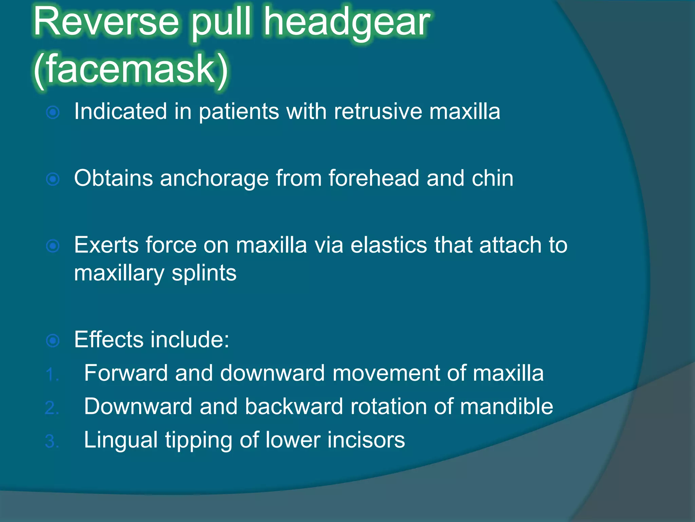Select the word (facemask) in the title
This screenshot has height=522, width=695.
coord(131,70)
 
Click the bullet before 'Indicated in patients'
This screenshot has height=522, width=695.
coord(53,112)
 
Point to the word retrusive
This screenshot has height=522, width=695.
coord(378,111)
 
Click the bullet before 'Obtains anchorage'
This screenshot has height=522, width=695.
coord(53,179)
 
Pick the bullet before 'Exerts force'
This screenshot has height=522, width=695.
coord(53,246)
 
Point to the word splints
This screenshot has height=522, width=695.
coord(204,273)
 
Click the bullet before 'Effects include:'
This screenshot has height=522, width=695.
coord(53,340)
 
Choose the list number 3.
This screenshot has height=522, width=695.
coord(52,441)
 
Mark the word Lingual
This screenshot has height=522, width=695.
coord(121,440)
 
